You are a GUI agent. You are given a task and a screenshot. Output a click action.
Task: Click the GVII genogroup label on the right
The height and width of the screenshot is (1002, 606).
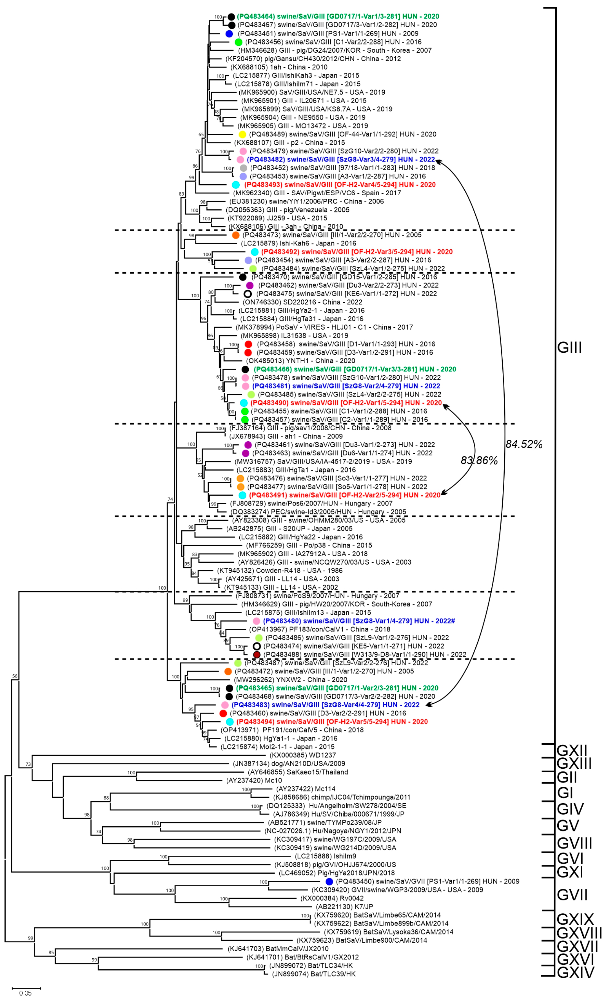[x=572, y=895]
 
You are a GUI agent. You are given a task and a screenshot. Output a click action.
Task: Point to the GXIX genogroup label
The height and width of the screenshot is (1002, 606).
[x=575, y=919]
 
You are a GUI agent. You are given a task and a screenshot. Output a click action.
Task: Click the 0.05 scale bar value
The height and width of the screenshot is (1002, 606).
[x=25, y=993]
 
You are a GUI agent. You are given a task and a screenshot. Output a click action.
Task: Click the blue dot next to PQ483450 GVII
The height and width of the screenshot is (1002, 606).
[x=329, y=881]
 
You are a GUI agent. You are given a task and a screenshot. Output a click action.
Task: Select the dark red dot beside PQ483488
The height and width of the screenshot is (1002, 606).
[x=257, y=654]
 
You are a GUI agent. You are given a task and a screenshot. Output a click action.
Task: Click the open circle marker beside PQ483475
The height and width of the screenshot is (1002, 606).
[x=248, y=294]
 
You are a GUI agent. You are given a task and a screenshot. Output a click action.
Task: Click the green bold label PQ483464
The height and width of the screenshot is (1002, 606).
[x=338, y=16]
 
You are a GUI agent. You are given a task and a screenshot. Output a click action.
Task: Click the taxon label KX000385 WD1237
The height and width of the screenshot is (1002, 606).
[x=303, y=755]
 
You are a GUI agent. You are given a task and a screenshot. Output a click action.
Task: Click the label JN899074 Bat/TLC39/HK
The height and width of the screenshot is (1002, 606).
[x=313, y=974]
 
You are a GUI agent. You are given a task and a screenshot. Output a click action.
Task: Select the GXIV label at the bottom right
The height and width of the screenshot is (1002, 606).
[x=575, y=972]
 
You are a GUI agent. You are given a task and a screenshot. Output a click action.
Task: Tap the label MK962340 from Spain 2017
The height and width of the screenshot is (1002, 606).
[x=317, y=193]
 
